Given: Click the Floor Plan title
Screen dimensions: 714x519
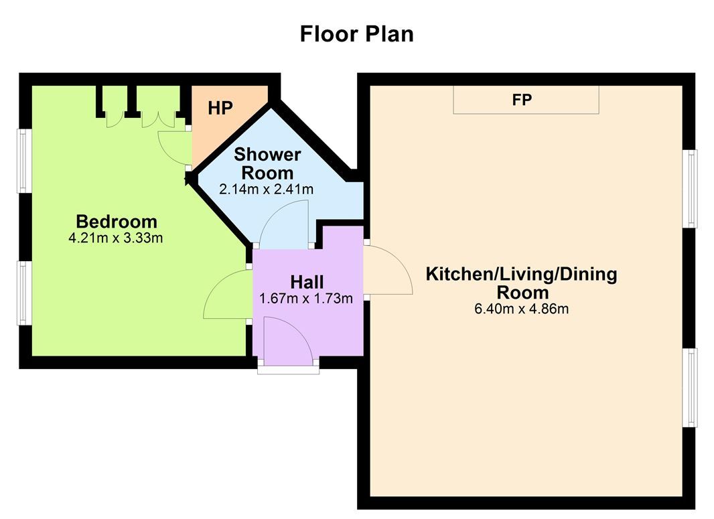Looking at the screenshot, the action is (x=356, y=34).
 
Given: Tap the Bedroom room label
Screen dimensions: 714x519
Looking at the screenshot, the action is (x=117, y=222).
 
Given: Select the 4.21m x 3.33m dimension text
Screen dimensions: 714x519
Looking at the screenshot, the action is (x=116, y=238).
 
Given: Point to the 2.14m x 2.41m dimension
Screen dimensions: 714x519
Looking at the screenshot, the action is (x=267, y=189).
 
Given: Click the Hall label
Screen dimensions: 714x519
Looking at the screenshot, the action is (x=307, y=282).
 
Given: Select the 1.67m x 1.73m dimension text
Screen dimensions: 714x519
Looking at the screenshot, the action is (x=306, y=299).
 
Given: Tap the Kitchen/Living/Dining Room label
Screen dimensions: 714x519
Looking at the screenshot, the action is (x=521, y=283).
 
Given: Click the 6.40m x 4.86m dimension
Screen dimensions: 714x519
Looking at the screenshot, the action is (x=521, y=309).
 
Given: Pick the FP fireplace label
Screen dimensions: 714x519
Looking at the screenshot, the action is (x=522, y=100).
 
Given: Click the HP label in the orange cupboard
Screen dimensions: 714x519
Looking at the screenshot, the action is (x=220, y=108).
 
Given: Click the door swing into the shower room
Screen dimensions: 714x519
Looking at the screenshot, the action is (x=284, y=224).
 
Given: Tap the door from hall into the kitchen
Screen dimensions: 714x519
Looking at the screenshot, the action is (x=388, y=270).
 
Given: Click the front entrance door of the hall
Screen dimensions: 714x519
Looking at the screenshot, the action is (x=288, y=341).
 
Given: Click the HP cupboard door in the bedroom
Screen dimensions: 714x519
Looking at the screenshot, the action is (x=175, y=149).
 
